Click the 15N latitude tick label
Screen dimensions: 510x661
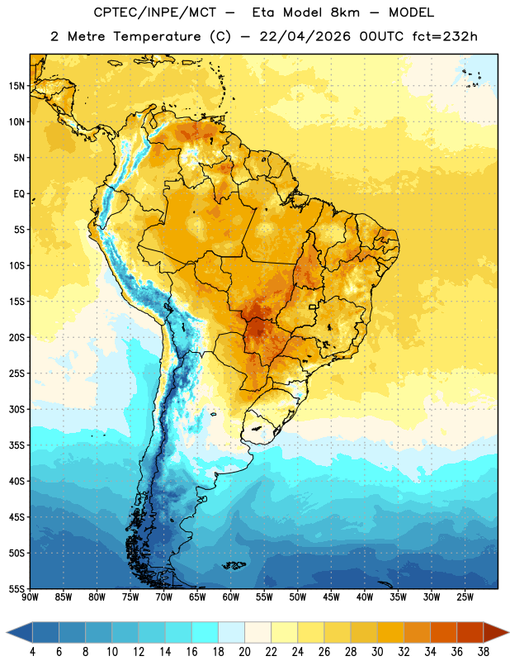[17, 86]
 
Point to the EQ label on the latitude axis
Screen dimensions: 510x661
[19, 194]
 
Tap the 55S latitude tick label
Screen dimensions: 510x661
[17, 588]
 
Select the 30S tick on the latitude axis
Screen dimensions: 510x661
[17, 409]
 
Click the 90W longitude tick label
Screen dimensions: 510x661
[30, 597]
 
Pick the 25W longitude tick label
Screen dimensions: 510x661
[465, 597]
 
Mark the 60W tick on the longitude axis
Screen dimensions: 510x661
[231, 597]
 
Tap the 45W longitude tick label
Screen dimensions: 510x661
[331, 597]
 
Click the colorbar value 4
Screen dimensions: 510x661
[32, 652]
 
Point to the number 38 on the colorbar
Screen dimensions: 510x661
[483, 652]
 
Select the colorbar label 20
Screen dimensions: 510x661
[244, 652]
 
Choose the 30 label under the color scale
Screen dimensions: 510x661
[377, 652]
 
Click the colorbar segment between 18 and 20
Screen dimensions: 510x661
[231, 633]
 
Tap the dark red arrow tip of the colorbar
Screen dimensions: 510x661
[508, 633]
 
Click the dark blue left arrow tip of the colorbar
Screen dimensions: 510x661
[7, 633]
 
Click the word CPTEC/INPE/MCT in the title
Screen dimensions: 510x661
[155, 12]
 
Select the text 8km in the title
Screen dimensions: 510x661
[345, 12]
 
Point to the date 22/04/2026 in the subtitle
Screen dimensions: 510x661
[305, 36]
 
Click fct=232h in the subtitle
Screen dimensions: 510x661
[445, 36]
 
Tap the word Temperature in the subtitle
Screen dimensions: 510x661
[157, 37]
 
